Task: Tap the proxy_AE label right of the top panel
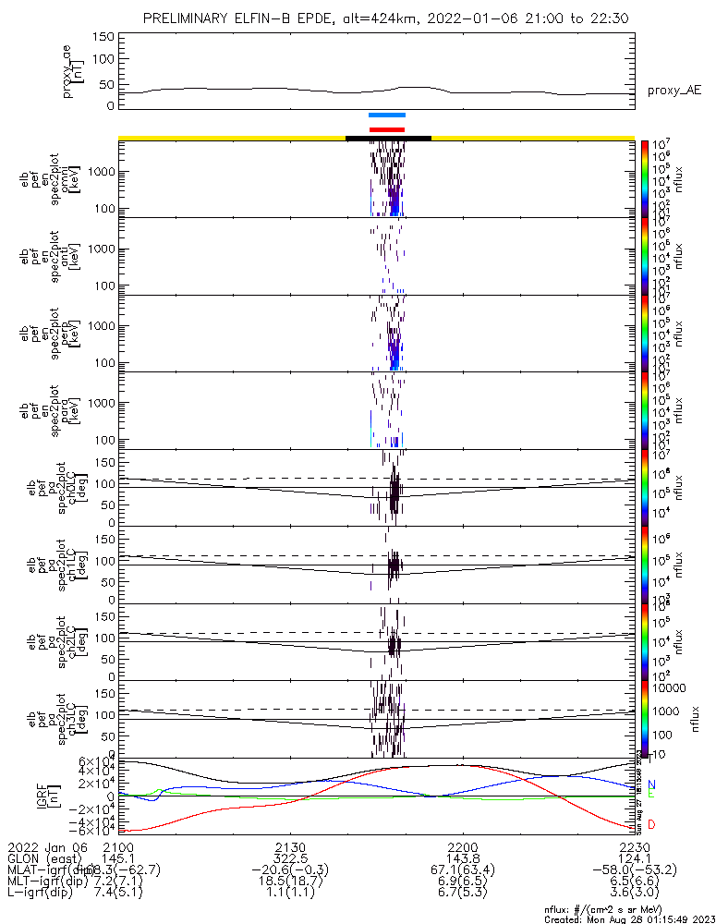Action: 675,90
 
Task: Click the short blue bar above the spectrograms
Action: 386,115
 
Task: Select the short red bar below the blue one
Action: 386,129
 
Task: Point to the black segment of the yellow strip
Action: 388,138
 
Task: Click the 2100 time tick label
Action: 118,846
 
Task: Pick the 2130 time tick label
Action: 290,846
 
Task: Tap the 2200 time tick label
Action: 462,846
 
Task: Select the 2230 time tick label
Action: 635,846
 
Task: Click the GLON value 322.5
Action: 290,858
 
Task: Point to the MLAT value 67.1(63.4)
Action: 462,870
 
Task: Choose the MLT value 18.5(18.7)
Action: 290,882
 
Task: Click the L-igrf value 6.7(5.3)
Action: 462,894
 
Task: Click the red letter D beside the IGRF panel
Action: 651,824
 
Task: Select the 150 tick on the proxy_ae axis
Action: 103,36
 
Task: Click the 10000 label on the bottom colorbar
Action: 668,689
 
